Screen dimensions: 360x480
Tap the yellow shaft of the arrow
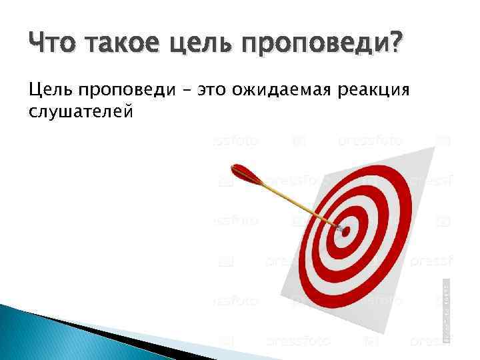tap(293, 200)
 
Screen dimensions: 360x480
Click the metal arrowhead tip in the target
tap(341, 228)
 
